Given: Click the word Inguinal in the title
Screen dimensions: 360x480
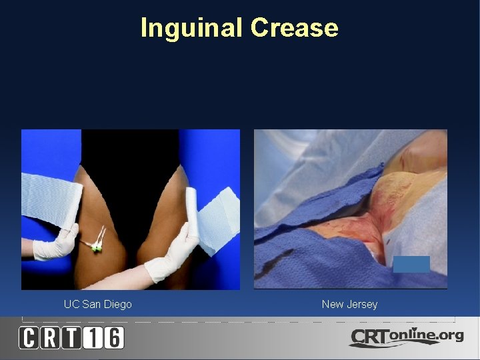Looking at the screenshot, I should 192,28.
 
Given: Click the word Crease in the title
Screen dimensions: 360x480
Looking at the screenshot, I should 294,28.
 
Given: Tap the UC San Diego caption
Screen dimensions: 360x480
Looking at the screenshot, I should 98,305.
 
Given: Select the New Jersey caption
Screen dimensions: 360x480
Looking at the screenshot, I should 349,305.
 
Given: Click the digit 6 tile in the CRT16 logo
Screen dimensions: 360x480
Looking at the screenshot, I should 115,338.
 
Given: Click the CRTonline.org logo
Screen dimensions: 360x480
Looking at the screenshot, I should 407,337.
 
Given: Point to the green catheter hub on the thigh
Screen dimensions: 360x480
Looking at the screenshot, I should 97,247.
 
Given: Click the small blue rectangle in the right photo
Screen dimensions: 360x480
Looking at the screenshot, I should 411,264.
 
